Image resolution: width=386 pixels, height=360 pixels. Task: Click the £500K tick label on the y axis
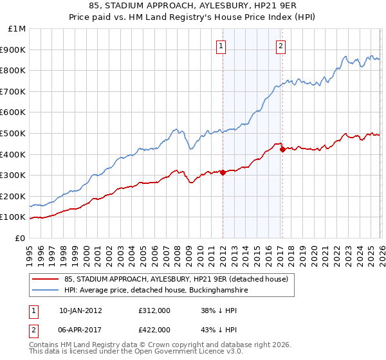pyautogui.click(x=14, y=133)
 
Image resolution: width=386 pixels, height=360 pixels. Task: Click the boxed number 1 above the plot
pyautogui.click(x=221, y=46)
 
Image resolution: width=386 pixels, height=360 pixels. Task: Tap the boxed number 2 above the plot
pyautogui.click(x=281, y=46)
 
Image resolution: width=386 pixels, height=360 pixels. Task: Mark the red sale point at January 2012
pyautogui.click(x=223, y=172)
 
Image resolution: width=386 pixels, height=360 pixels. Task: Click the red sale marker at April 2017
pyautogui.click(x=282, y=150)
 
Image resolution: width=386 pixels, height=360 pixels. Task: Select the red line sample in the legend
pyautogui.click(x=46, y=278)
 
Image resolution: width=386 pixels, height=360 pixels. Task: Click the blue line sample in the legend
pyautogui.click(x=46, y=291)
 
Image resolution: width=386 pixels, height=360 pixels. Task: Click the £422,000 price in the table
pyautogui.click(x=154, y=329)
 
